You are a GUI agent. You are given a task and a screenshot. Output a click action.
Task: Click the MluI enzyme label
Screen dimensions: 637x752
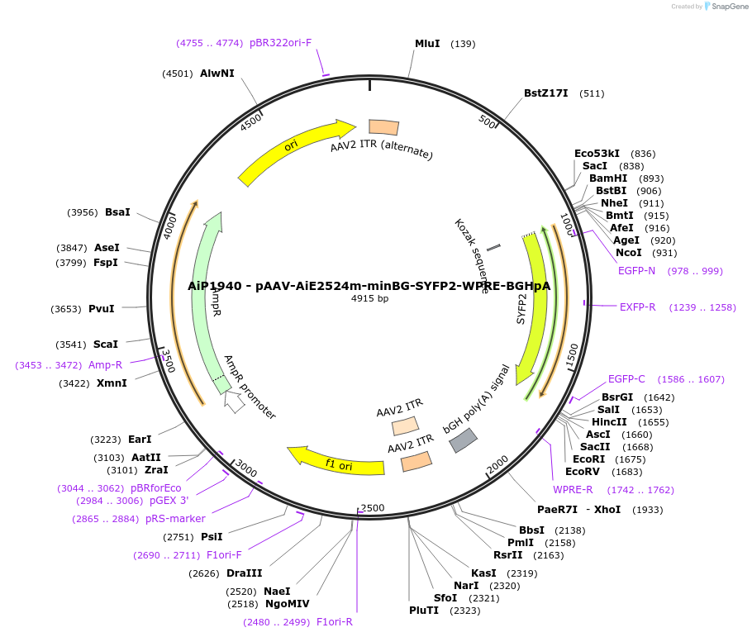[x=427, y=44]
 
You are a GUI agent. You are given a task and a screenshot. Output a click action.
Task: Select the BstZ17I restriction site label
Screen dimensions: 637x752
[x=545, y=93]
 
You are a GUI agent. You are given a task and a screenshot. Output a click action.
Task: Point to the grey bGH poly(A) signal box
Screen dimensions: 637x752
[x=463, y=440]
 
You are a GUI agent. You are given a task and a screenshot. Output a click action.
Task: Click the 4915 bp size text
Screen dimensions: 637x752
[x=369, y=298]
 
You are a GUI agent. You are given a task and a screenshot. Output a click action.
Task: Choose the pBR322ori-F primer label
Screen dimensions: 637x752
[x=280, y=43]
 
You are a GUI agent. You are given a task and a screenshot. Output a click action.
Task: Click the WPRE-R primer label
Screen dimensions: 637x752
[x=573, y=490]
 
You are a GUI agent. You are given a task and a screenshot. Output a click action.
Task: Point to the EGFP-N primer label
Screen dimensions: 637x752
[x=636, y=270]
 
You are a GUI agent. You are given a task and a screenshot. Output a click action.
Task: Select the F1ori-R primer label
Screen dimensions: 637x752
[x=334, y=622]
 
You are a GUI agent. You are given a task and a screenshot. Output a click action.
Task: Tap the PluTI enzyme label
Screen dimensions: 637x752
[x=424, y=611]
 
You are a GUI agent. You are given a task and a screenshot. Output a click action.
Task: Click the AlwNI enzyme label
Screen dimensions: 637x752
[x=217, y=74]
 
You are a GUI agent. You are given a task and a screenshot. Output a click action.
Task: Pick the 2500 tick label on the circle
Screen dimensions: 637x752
[x=373, y=507]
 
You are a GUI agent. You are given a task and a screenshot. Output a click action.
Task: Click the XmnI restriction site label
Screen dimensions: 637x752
[x=112, y=383]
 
